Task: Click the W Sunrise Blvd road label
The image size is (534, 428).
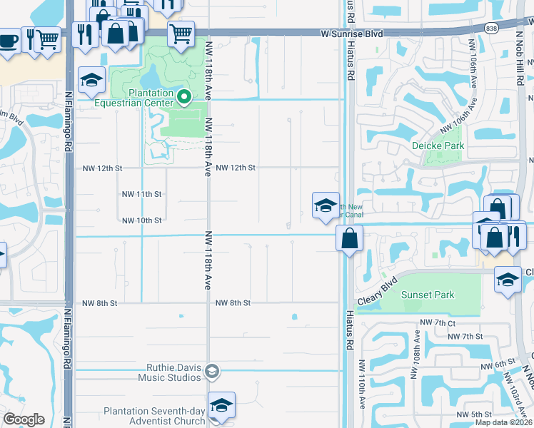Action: pyautogui.click(x=351, y=34)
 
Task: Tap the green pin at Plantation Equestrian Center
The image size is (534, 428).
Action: pyautogui.click(x=183, y=96)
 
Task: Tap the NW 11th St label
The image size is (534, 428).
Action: pyautogui.click(x=141, y=194)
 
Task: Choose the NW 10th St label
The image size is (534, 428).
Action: pyautogui.click(x=141, y=220)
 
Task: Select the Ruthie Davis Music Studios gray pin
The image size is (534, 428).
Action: pyautogui.click(x=211, y=370)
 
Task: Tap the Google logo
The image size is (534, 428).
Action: pyautogui.click(x=24, y=419)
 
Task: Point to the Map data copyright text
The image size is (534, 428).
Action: pyautogui.click(x=504, y=422)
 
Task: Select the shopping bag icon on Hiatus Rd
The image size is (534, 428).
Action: pyautogui.click(x=349, y=238)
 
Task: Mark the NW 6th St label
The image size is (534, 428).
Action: pyautogui.click(x=489, y=365)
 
